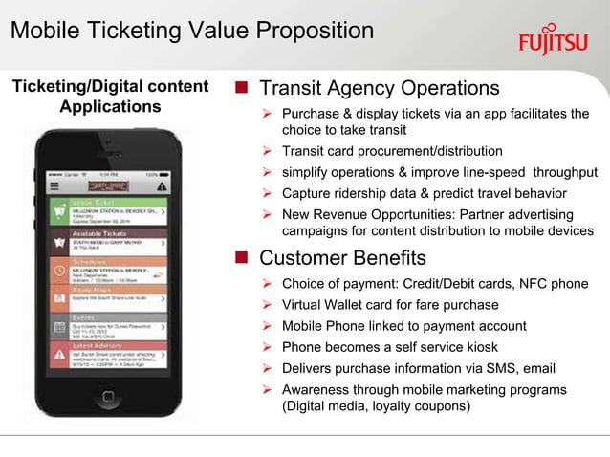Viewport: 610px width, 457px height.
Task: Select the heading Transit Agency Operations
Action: [x=380, y=89]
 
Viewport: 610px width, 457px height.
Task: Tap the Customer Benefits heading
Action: [x=343, y=258]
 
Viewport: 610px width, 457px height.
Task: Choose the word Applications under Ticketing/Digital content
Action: [x=110, y=106]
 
